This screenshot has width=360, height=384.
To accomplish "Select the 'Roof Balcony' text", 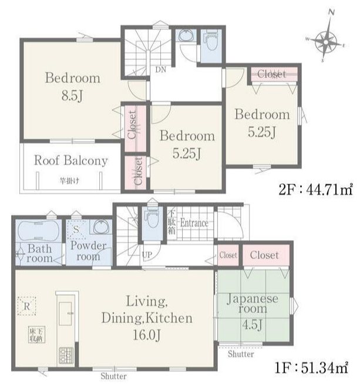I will point(70,160).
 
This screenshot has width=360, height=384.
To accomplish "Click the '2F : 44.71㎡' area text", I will point(315,189).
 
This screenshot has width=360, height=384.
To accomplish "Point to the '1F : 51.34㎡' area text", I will point(315,368).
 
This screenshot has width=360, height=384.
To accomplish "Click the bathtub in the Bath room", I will point(36,228).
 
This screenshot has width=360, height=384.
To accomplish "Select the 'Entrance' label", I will point(194,223).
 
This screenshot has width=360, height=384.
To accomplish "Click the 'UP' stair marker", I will point(147,255).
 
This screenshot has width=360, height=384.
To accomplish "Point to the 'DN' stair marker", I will point(160,70).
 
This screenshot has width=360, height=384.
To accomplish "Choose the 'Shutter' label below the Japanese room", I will point(241,354).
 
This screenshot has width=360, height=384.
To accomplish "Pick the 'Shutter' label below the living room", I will point(113,376).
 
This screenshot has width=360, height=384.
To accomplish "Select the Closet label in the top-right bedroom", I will point(271,75).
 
